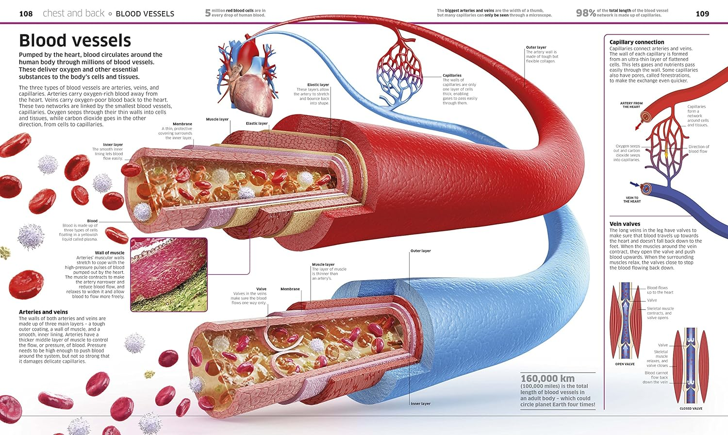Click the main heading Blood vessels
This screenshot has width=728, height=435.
coord(75,40)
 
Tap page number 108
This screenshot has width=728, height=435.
coord(26,14)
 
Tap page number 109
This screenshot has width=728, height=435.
coord(702,14)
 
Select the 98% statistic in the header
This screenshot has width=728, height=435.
coord(586,13)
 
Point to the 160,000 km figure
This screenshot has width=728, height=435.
coord(547,379)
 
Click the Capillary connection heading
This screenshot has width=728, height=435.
coord(637,42)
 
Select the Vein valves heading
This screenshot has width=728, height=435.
coord(625,224)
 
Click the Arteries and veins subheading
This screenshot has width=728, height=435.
coord(43,312)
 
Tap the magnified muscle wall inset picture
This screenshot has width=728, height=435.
coord(169,274)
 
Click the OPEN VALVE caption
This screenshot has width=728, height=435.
coord(625,364)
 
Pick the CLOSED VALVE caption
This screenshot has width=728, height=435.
coord(691,409)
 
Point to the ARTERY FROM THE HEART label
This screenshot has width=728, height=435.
coord(631,105)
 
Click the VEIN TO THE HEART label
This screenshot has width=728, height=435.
coord(632,200)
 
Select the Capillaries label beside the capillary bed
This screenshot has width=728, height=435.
coord(452,76)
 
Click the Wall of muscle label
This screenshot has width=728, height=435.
coord(109,253)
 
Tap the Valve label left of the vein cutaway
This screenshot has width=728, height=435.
coord(261,289)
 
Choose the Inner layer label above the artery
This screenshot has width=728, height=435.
coord(113,145)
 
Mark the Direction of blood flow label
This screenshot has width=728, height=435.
coord(698,149)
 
